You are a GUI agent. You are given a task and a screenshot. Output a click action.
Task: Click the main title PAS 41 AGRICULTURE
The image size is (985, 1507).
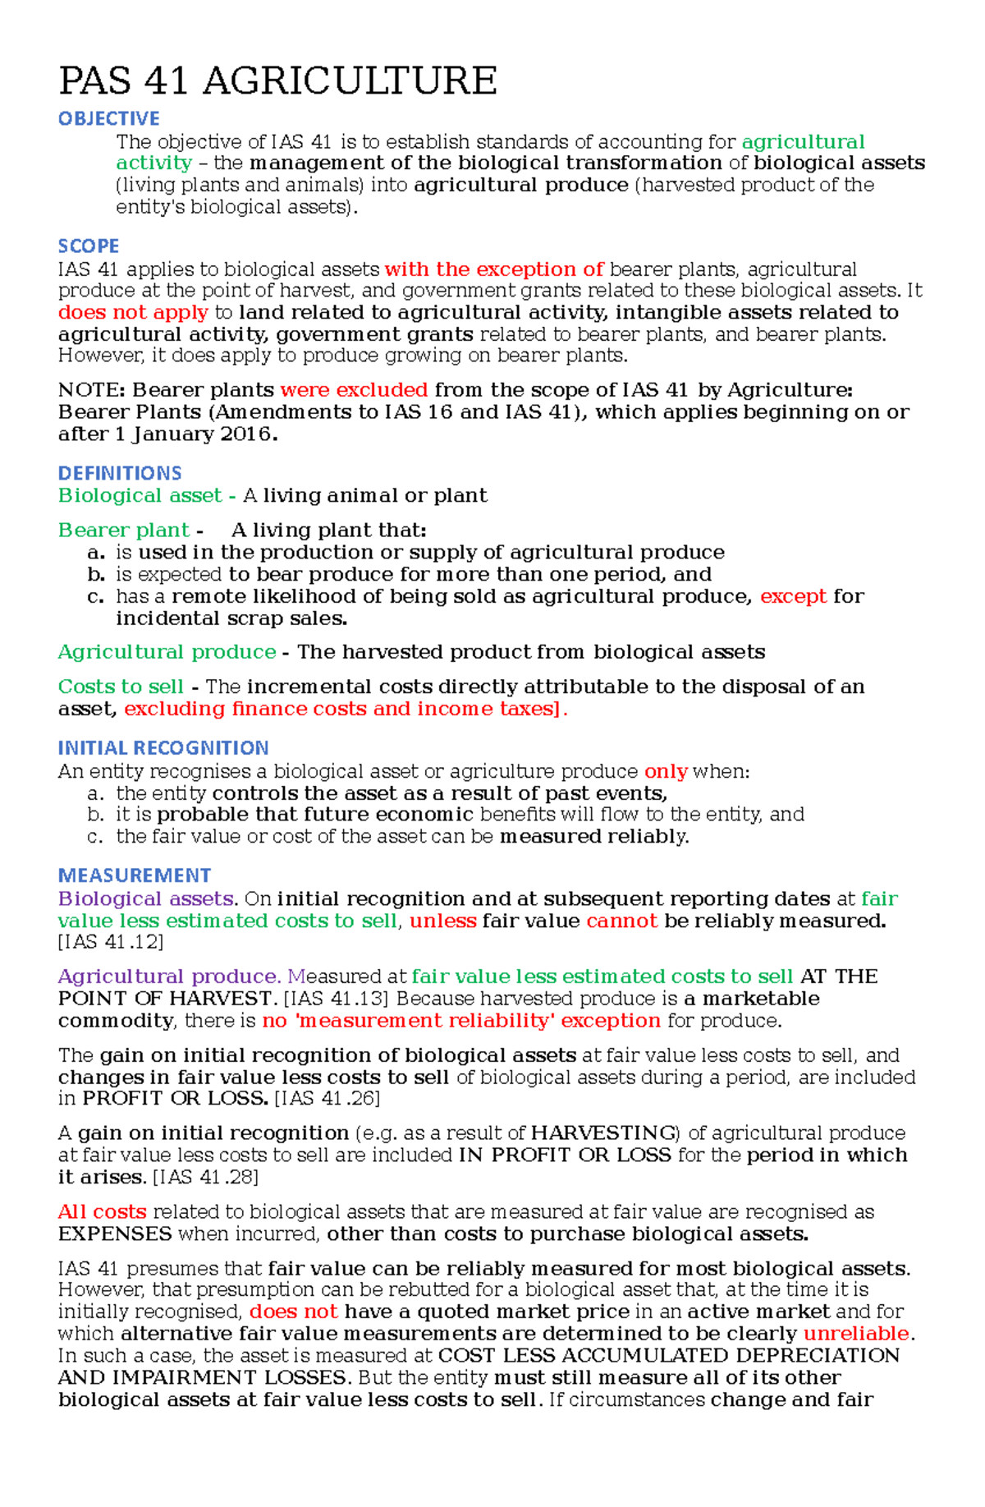277,80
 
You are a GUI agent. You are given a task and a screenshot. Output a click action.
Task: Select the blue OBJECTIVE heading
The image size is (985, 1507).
108,118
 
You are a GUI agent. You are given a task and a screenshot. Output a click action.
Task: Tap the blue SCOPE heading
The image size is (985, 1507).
88,246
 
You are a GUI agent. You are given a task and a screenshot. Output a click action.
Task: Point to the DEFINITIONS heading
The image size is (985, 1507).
120,473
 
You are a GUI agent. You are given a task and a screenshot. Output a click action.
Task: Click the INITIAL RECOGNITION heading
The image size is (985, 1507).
163,748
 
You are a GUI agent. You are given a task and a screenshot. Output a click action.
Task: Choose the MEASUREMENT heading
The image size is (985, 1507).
135,875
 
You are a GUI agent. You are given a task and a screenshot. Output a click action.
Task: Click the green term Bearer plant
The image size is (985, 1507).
124,531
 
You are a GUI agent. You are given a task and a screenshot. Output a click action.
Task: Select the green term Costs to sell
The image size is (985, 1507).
121,687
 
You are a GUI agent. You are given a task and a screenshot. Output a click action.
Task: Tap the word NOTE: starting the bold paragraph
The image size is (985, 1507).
91,390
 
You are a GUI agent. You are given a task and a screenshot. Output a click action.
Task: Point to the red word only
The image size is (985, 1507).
666,772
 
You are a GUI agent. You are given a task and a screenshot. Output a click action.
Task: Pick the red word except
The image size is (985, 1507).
793,596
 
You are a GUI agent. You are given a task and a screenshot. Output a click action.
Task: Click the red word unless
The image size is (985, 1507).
442,921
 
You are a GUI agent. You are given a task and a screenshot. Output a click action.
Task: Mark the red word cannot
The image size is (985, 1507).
621,921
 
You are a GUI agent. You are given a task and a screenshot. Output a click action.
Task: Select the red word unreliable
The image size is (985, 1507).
856,1334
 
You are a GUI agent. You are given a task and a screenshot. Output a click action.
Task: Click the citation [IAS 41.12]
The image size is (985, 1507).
111,942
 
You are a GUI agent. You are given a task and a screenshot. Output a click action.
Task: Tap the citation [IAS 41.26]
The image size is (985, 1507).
327,1099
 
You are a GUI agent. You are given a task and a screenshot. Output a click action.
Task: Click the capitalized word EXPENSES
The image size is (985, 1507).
115,1234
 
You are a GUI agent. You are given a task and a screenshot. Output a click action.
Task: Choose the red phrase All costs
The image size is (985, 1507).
103,1212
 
